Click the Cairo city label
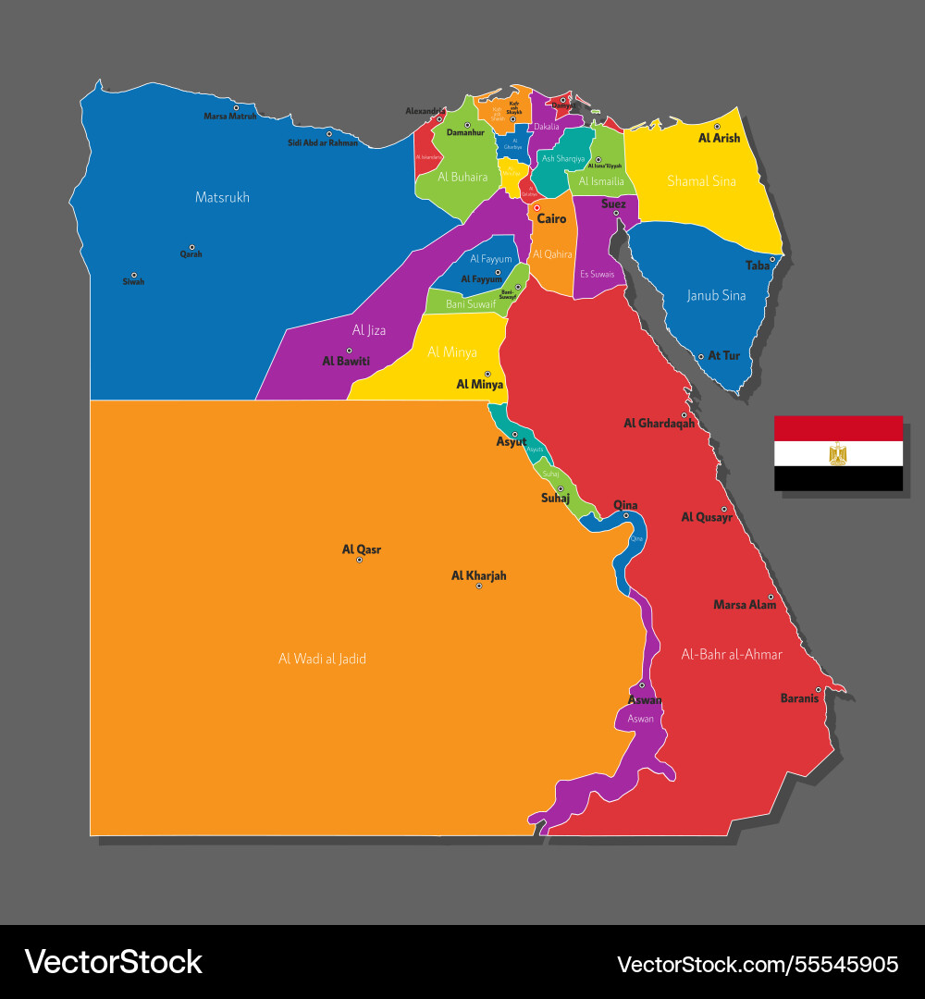[551, 219]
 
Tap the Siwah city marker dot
[133, 275]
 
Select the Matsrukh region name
[222, 197]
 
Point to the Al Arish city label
[719, 138]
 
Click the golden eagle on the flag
[838, 453]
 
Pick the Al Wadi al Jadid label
[322, 659]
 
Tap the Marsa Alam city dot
[771, 597]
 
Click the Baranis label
[799, 698]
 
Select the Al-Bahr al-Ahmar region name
[732, 654]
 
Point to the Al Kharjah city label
[478, 575]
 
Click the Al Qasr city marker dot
[359, 560]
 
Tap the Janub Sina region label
[716, 296]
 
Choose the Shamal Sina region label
[701, 181]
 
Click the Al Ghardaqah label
[659, 424]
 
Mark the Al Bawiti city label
[346, 361]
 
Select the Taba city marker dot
[772, 259]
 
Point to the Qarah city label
[191, 254]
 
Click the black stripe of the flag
[838, 478]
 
